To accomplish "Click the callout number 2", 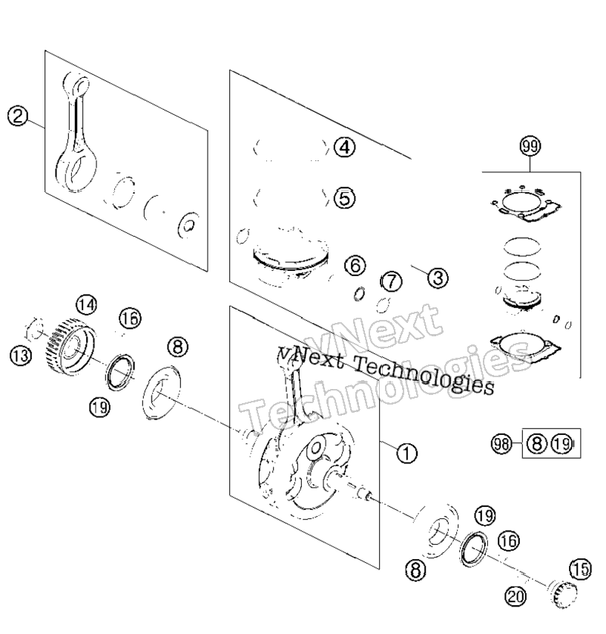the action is pos(18,116).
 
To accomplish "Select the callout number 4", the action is pos(345,147).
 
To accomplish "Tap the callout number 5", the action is pos(345,198).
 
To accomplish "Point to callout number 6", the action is pos(355,266).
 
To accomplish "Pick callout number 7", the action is pos(391,281).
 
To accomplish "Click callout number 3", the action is pos(438,278).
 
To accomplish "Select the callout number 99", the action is pos(530,146).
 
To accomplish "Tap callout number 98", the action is pos(501,444).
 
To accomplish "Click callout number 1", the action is pos(406,453).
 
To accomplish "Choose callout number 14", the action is pos(87,304).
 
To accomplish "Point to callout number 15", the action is pos(580,569).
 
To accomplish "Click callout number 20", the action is pos(516,596).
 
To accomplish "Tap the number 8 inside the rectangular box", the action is pos(537,443).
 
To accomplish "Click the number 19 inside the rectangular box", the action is pos(563,443).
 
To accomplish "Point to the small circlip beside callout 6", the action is pos(359,294).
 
